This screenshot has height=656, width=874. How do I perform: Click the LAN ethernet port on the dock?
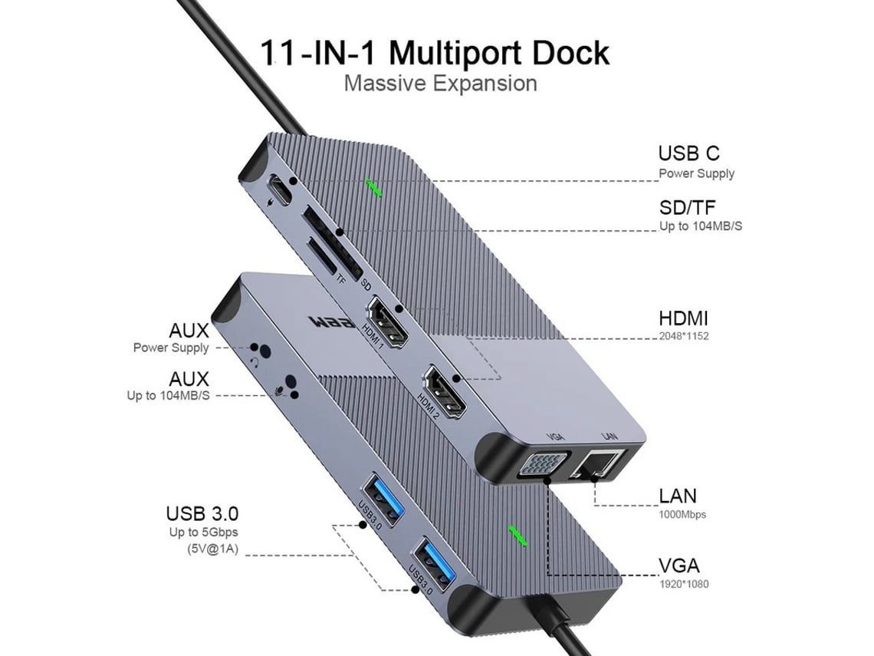tap(600, 465)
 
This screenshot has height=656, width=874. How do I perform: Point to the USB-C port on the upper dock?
tap(281, 190)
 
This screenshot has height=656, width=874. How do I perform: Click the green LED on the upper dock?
tap(375, 188)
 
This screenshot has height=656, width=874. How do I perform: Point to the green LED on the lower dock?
tap(519, 536)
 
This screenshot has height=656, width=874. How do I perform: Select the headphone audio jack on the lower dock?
tap(265, 351)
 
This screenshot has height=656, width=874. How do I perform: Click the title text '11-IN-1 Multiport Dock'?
tap(434, 53)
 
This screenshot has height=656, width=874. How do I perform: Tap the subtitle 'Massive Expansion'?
tap(440, 83)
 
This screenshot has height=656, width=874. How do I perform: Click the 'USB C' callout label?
tap(688, 153)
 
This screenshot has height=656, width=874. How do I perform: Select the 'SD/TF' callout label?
tap(689, 207)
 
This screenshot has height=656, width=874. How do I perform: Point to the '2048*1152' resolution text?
tap(684, 335)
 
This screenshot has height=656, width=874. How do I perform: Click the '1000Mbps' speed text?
tap(682, 515)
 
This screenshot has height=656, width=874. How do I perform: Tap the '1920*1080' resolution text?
tap(684, 584)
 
